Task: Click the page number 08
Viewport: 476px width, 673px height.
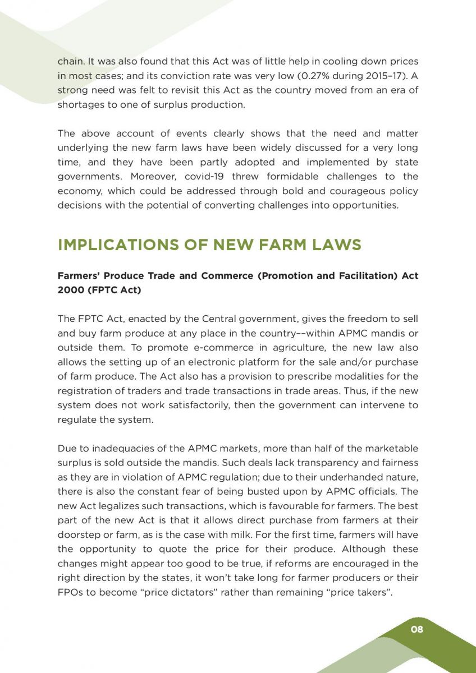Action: [417, 629]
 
